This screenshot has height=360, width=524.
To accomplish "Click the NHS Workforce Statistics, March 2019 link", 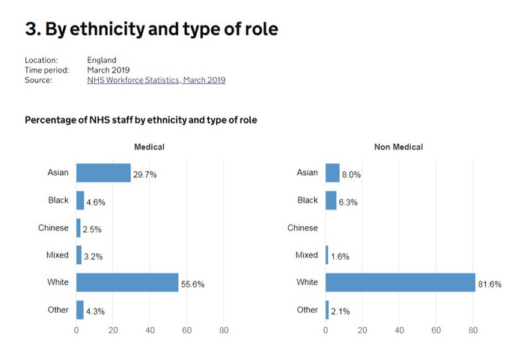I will click(x=156, y=80).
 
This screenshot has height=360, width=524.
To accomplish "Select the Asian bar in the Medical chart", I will click(x=103, y=173).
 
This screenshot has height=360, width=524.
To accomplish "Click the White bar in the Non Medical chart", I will click(x=400, y=282).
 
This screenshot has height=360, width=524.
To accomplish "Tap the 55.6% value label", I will click(x=192, y=284).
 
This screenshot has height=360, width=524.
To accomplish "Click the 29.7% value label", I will click(x=144, y=174).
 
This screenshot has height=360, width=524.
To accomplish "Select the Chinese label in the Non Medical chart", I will click(x=302, y=228).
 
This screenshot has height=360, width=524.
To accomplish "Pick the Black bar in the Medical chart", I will click(x=80, y=201).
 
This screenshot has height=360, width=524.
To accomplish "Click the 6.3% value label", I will click(x=350, y=202).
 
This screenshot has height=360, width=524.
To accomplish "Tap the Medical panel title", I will click(x=149, y=147).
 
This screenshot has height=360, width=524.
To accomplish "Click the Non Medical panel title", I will click(x=398, y=147).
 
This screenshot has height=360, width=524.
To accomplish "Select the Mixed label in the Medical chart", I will click(x=57, y=255).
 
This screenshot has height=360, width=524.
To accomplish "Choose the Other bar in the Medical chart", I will click(x=80, y=310).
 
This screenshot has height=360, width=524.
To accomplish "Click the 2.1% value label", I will click(x=341, y=311).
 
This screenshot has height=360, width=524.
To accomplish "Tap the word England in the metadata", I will click(x=102, y=60).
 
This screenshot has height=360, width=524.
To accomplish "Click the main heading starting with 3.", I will click(x=152, y=29).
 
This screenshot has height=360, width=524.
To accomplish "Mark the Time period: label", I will click(x=46, y=70).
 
